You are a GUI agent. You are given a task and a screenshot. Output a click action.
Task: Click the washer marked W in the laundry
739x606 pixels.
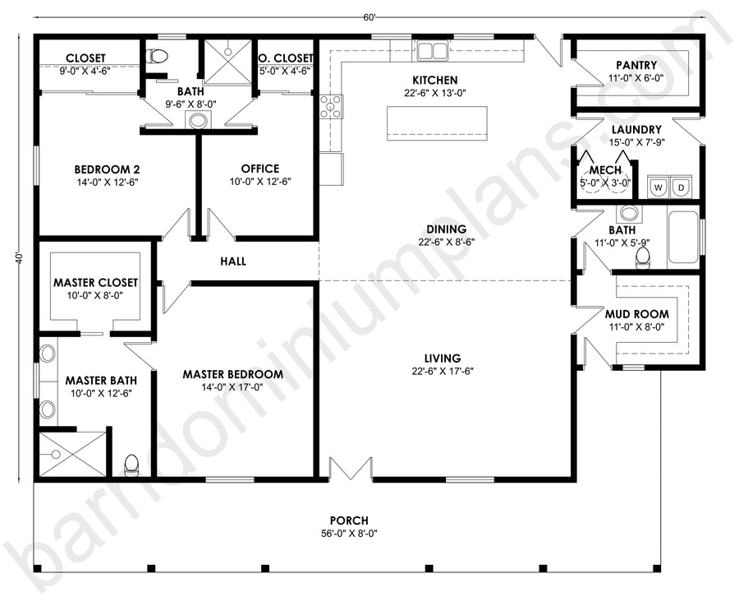pyautogui.click(x=659, y=187)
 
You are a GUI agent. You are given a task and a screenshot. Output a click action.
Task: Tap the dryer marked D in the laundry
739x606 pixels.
pyautogui.click(x=681, y=187)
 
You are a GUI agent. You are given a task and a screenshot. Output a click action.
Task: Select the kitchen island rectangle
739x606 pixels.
pyautogui.click(x=437, y=123)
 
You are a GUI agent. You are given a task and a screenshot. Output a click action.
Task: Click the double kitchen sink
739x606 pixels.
pyautogui.click(x=432, y=50)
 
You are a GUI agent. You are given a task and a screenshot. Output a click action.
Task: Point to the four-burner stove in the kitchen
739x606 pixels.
pyautogui.click(x=332, y=107)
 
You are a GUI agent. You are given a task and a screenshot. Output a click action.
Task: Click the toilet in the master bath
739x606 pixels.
pyautogui.click(x=131, y=464)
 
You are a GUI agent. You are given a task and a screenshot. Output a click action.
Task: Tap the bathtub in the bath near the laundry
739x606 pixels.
pyautogui.click(x=683, y=238)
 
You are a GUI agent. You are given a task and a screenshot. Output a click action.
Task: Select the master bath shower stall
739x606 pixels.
pyautogui.click(x=72, y=455)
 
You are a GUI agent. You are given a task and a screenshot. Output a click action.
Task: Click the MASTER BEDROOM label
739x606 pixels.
pyautogui.click(x=233, y=374)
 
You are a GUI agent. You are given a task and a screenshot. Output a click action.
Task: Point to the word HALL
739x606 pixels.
pyautogui.click(x=233, y=261)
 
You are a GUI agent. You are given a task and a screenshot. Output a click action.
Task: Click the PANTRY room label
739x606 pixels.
pyautogui.click(x=636, y=65)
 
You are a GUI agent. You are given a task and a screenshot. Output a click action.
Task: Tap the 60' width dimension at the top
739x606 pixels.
pyautogui.click(x=369, y=17)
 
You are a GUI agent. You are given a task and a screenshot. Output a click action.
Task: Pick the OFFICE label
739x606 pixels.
pyautogui.click(x=260, y=169)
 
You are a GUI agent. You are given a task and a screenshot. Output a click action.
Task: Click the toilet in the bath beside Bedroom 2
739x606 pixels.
pyautogui.click(x=158, y=56)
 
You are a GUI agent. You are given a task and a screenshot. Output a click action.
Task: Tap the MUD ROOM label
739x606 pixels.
pyautogui.click(x=636, y=314)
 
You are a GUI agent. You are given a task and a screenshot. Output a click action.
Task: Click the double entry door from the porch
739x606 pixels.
pyautogui.click(x=349, y=468)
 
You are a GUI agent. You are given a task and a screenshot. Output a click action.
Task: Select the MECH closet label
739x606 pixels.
pyautogui.click(x=605, y=170)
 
